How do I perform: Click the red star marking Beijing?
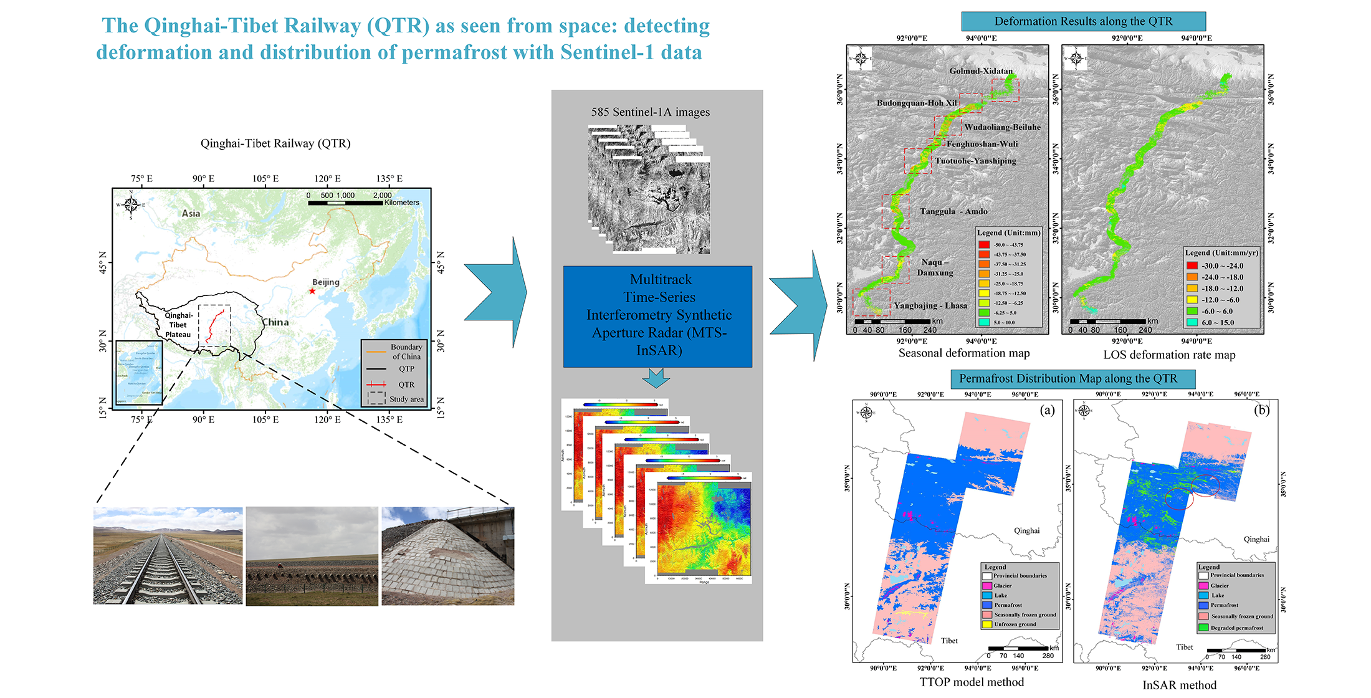312,291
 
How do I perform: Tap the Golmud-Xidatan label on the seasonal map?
981,71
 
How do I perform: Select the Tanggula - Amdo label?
953,211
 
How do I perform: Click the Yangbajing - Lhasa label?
930,305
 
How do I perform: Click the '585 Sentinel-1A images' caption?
650,112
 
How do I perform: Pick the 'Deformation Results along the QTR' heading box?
1083,21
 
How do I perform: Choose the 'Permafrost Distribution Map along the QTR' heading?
1068,378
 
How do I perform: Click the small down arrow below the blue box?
656,378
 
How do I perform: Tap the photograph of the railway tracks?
168,555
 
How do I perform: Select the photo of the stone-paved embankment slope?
447,555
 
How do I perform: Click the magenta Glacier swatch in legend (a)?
986,586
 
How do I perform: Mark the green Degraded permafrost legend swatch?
1203,628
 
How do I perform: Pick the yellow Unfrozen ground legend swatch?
986,624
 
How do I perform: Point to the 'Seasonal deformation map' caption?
963,353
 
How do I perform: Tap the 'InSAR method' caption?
1179,685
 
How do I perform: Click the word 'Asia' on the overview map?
191,213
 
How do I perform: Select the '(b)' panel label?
1261,410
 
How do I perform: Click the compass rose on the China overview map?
131,204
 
